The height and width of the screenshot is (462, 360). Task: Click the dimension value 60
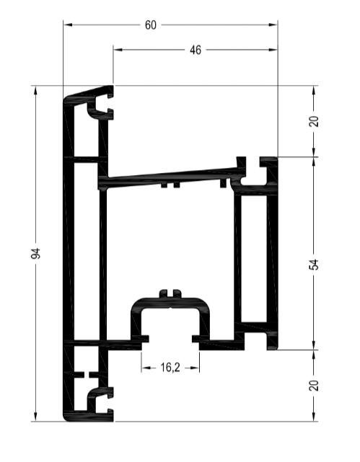(x=150, y=25)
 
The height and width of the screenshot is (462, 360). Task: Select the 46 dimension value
(x=196, y=50)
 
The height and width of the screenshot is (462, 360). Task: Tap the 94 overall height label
(x=35, y=254)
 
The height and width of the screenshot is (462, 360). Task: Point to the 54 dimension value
(x=315, y=265)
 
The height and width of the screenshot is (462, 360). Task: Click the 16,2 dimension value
(x=170, y=368)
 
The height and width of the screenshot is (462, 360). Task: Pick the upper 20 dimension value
(x=315, y=121)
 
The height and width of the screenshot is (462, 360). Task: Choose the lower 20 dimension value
(x=315, y=386)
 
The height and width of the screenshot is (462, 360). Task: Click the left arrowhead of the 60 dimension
(x=68, y=25)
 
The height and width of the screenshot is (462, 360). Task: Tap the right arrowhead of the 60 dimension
(x=273, y=25)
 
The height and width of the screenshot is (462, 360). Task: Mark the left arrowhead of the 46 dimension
(x=118, y=50)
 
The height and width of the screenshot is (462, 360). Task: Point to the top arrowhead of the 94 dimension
(x=35, y=91)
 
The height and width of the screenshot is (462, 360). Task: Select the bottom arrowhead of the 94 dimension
(x=35, y=417)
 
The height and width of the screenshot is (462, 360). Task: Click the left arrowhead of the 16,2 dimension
(x=146, y=368)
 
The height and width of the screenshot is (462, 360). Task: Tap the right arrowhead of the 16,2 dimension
(x=194, y=368)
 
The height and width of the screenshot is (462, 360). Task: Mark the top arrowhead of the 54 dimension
(x=314, y=162)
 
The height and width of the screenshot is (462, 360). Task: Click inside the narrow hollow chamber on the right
(x=254, y=258)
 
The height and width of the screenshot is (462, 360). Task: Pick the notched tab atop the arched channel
(x=170, y=294)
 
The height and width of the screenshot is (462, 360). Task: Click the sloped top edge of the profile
(x=89, y=91)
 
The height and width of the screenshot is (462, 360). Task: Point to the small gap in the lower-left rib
(x=87, y=375)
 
